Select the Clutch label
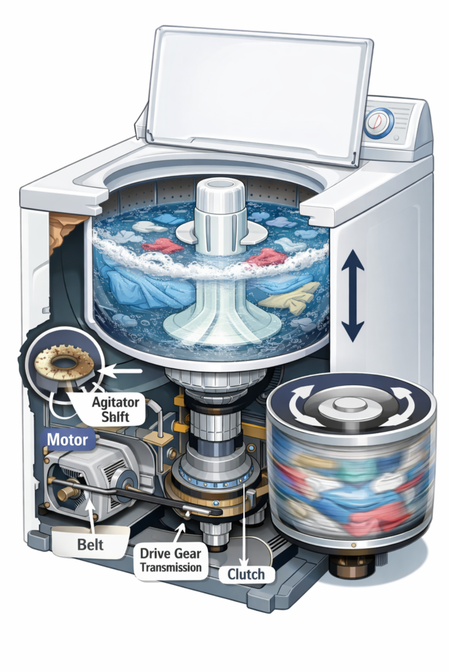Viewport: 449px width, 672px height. (246, 575)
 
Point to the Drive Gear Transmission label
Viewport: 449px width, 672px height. (170, 560)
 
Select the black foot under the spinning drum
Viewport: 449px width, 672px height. (351, 564)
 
